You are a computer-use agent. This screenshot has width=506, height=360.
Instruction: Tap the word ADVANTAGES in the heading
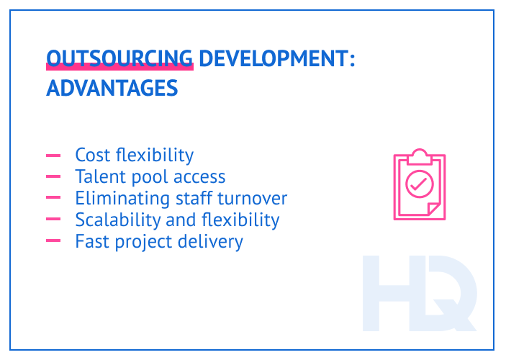point(112,89)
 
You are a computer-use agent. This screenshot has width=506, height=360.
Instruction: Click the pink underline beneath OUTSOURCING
point(119,67)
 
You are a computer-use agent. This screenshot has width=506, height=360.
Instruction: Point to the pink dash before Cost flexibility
point(53,156)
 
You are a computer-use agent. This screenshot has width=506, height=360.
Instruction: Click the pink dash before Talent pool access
point(53,177)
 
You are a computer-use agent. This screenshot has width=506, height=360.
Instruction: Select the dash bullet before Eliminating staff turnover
point(53,199)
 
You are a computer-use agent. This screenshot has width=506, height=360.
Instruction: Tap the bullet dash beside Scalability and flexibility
point(53,220)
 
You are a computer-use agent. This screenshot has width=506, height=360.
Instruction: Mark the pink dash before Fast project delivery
point(53,241)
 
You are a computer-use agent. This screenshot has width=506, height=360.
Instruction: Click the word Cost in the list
point(93,156)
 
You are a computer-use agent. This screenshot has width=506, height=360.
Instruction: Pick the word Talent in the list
point(99,177)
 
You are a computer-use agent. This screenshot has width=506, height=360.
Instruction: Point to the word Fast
point(92,241)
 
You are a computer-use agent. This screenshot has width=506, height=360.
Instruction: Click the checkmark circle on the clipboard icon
point(419,184)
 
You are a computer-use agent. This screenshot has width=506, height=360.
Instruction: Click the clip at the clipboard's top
point(419,156)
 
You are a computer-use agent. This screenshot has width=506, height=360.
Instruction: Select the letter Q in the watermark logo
point(449,295)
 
